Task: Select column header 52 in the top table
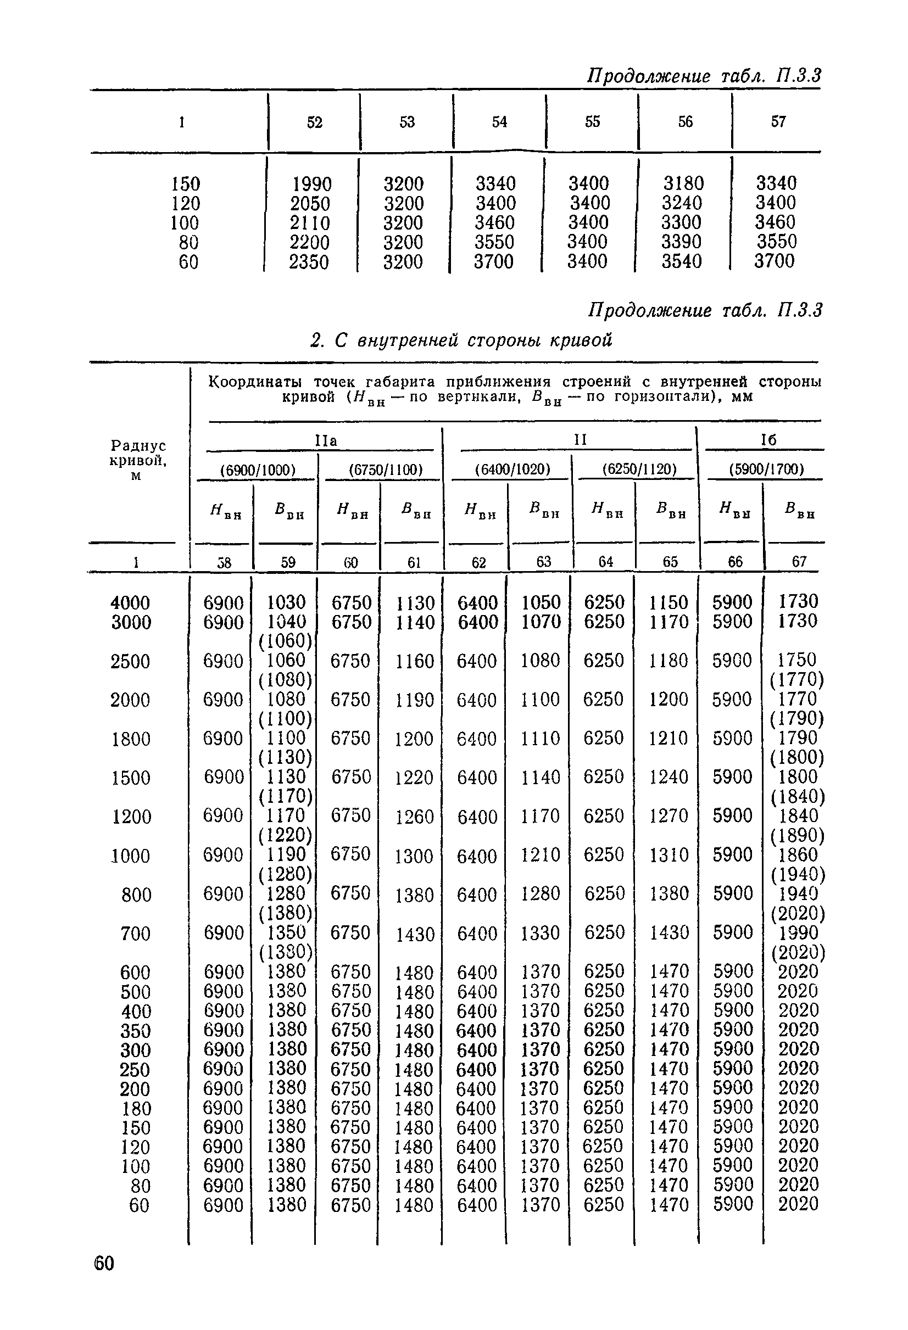[x=315, y=122]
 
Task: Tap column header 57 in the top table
[x=778, y=121]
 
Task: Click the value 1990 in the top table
[x=312, y=184]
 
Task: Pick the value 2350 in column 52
[x=309, y=261]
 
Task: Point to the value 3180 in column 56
[x=683, y=183]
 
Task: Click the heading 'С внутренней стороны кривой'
[x=461, y=340]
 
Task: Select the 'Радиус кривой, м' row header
[x=138, y=460]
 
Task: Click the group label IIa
[x=326, y=440]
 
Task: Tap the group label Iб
[x=768, y=439]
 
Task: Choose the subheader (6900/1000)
[x=258, y=470]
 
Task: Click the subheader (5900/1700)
[x=767, y=470]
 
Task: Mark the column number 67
[x=799, y=562]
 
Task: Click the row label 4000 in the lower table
[x=131, y=602]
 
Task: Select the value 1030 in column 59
[x=286, y=602]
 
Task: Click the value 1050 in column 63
[x=541, y=602]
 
